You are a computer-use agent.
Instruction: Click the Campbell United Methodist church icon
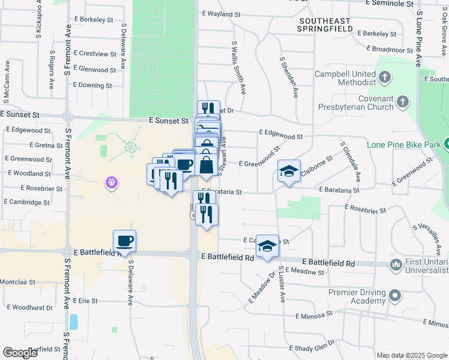tap(385, 77)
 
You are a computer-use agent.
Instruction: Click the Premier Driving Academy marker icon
tap(395, 295)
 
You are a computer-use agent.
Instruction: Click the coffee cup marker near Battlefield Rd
tap(124, 241)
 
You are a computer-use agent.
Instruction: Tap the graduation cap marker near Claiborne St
tap(289, 172)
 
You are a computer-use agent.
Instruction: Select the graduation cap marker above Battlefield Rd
tap(267, 245)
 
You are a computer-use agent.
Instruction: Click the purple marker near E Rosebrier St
tap(110, 182)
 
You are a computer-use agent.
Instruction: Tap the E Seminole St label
tap(391, 3)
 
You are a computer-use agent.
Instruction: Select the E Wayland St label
tap(221, 13)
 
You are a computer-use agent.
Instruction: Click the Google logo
tap(20, 352)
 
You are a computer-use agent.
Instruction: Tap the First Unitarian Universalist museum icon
tap(396, 265)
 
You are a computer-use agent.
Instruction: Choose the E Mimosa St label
tap(314, 314)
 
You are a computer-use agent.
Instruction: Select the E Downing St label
tap(92, 85)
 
